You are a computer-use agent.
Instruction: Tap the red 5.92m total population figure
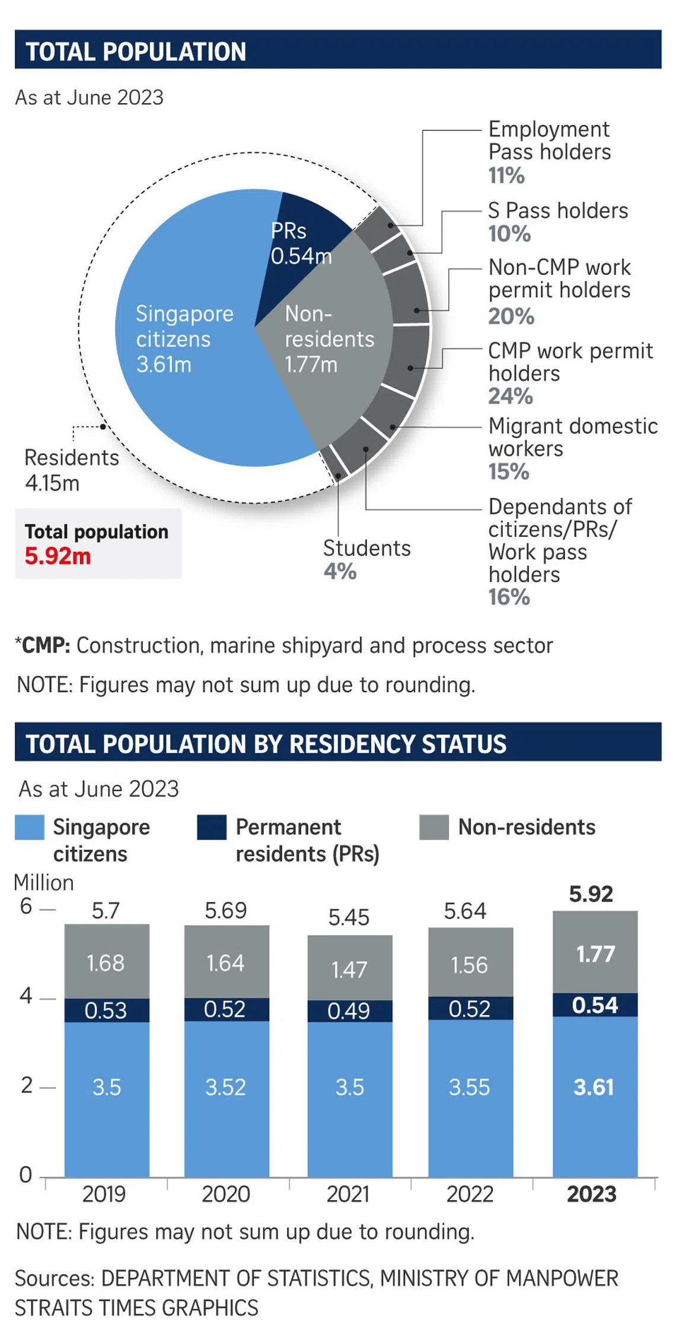[58, 556]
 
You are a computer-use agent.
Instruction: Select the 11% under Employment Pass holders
[506, 175]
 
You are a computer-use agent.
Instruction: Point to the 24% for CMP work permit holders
[511, 396]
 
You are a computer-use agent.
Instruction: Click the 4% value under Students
[340, 571]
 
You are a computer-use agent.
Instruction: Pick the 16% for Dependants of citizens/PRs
[509, 597]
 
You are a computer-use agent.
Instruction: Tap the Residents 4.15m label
[71, 470]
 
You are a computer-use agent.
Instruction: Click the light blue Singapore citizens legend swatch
[30, 827]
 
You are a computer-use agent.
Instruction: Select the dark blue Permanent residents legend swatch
[212, 827]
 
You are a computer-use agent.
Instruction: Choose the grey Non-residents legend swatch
[434, 827]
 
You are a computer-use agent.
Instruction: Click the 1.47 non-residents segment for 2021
[349, 970]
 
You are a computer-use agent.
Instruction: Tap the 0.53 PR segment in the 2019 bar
[106, 1010]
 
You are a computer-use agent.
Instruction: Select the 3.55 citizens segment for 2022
[470, 1087]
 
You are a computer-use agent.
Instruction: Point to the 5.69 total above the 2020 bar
[226, 911]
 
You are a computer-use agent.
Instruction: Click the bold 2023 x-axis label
[592, 1194]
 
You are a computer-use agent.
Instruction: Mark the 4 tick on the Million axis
[26, 996]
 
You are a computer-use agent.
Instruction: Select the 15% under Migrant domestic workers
[509, 472]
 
